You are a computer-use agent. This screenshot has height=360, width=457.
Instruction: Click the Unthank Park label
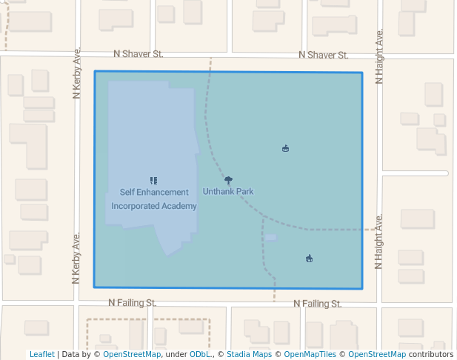(x=228, y=192)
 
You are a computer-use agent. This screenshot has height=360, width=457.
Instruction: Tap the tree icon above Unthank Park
(x=228, y=180)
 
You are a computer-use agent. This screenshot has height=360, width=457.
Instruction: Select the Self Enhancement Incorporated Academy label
(x=154, y=199)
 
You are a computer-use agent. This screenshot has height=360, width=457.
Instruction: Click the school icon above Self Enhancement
(x=153, y=180)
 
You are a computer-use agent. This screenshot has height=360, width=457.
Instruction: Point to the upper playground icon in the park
(x=285, y=149)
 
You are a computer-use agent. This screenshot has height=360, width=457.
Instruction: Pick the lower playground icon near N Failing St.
(x=309, y=259)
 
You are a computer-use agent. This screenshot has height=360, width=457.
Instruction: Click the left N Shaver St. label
(x=138, y=54)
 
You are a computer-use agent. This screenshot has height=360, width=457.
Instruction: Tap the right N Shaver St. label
(x=323, y=55)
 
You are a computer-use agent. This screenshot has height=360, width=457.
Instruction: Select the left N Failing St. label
(x=132, y=303)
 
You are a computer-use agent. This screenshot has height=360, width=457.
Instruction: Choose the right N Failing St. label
(x=317, y=304)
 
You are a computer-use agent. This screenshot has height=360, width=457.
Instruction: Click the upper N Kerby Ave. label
(x=76, y=73)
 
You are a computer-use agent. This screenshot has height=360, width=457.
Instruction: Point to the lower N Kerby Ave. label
(x=76, y=258)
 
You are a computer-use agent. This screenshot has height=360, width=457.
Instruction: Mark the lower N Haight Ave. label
(x=379, y=241)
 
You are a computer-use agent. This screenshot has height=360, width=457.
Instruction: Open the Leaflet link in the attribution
(x=41, y=355)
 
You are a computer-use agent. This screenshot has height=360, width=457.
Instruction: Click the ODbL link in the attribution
(x=199, y=355)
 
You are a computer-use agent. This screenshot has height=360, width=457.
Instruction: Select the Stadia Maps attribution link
(x=249, y=355)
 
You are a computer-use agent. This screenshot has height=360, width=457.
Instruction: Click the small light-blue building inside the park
(x=270, y=238)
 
